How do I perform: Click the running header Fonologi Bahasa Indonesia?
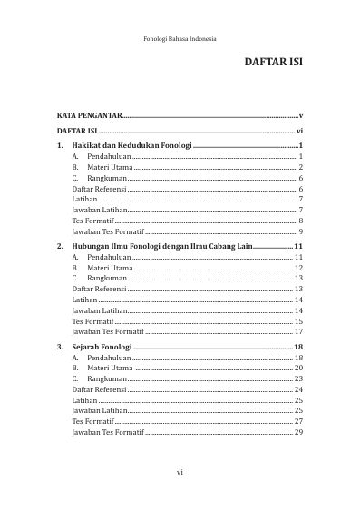(180, 38)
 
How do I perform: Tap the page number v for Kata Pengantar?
(299, 116)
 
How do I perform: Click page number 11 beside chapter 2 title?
(297, 246)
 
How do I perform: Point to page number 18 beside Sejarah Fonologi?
(297, 348)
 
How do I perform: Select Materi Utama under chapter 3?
(111, 369)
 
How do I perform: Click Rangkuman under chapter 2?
(107, 278)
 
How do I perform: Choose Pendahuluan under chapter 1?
(109, 157)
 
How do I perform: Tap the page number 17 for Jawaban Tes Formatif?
(298, 331)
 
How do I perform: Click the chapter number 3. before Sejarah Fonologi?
(60, 348)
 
